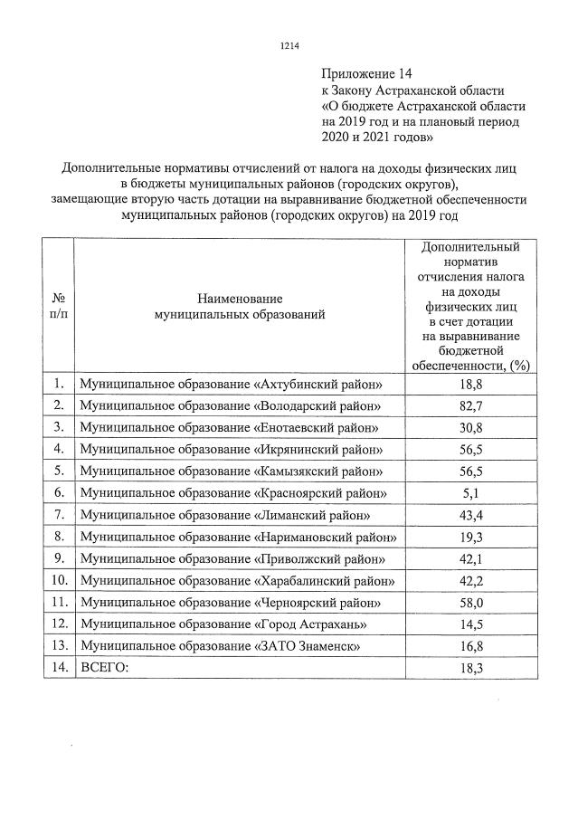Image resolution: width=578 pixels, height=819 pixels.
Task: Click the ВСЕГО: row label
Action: pyautogui.click(x=105, y=667)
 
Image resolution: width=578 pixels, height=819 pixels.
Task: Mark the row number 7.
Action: pyautogui.click(x=58, y=514)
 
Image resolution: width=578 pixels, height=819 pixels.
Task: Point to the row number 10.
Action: pyautogui.click(x=58, y=580)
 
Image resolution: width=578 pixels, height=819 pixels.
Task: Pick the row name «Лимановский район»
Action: pyautogui.click(x=225, y=515)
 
